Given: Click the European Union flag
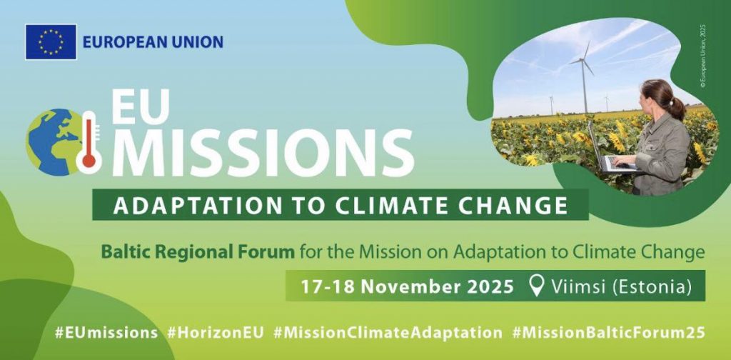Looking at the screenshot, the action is pyautogui.click(x=51, y=42).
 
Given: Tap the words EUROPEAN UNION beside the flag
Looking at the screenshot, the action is pyautogui.click(x=153, y=42).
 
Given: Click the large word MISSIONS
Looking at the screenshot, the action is pyautogui.click(x=263, y=150).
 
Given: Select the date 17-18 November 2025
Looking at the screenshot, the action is pyautogui.click(x=407, y=286).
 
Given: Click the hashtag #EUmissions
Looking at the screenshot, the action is pyautogui.click(x=106, y=333).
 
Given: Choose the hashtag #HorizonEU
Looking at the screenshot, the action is pyautogui.click(x=216, y=333).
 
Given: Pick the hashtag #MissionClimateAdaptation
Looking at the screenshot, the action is pyautogui.click(x=388, y=333).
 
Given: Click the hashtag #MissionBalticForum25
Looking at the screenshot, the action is pyautogui.click(x=608, y=333).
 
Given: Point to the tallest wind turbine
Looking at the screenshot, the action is pyautogui.click(x=583, y=77).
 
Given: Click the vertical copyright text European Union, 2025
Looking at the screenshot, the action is pyautogui.click(x=703, y=56).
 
